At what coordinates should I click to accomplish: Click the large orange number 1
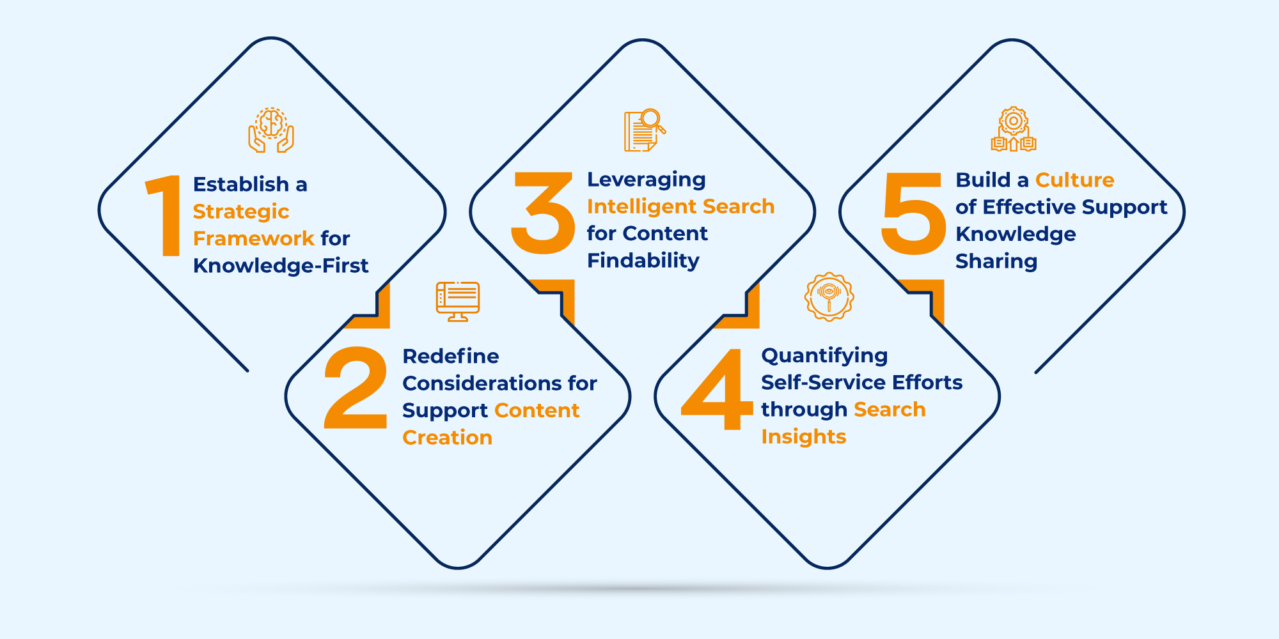[164, 215]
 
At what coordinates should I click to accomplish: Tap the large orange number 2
[356, 387]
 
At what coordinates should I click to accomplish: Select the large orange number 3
[543, 213]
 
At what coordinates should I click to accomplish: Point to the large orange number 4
[717, 389]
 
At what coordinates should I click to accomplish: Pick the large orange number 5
[913, 213]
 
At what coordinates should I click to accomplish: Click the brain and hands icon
[271, 130]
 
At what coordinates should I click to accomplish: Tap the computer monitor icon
[458, 301]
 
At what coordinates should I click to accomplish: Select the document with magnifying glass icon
[645, 130]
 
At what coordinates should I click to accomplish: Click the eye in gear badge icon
[829, 296]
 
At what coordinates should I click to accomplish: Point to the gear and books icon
[1014, 129]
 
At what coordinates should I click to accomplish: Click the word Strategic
[241, 212]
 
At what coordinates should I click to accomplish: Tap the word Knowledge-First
[281, 265]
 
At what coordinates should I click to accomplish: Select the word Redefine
[451, 356]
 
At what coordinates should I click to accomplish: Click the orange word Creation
[448, 437]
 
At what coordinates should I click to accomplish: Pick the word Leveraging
[647, 180]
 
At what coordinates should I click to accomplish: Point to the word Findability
[643, 261]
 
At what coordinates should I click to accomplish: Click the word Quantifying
[824, 356]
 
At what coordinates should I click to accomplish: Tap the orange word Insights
[804, 436]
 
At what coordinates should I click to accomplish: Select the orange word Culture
[1075, 180]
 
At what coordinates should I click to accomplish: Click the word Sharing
[996, 261]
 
